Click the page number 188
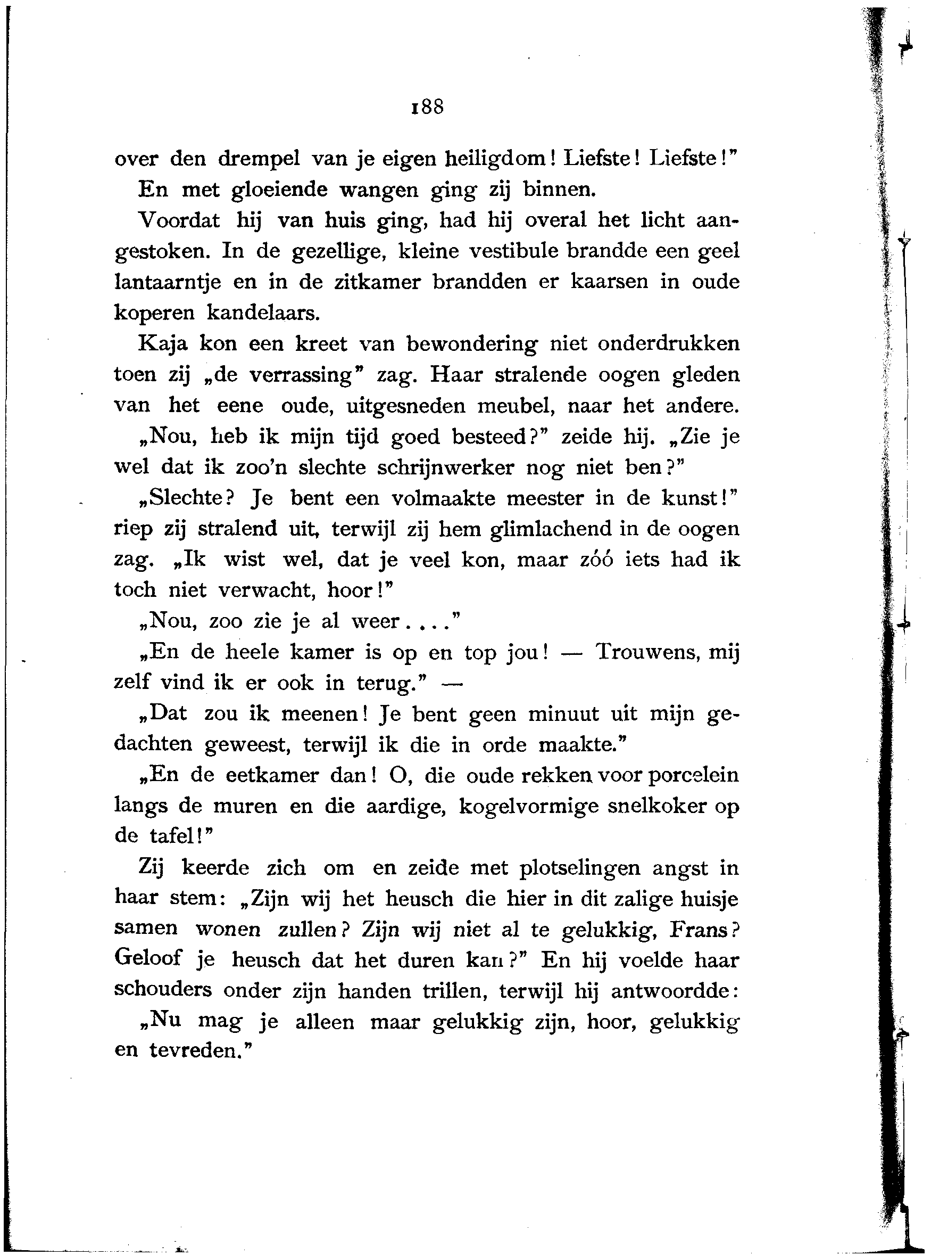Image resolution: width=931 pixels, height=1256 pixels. tap(428, 106)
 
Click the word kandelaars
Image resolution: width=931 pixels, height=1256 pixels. tap(264, 313)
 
